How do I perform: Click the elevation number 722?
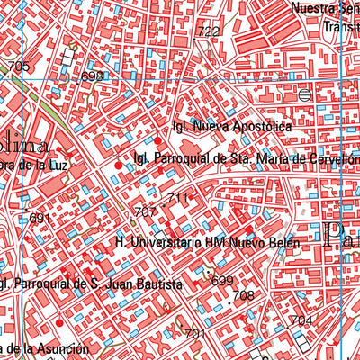[208, 31]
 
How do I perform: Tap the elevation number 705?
[18, 67]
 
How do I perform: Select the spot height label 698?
[93, 76]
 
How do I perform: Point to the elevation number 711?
[178, 198]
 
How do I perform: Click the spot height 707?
[146, 212]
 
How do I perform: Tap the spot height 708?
[244, 295]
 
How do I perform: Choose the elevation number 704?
[301, 320]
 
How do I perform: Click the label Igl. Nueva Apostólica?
[232, 127]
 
